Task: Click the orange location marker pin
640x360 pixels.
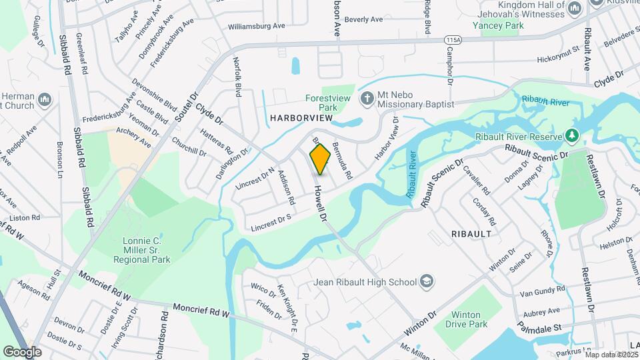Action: [320, 159]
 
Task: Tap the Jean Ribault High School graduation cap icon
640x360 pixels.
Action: [427, 282]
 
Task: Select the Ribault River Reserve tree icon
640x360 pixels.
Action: [571, 136]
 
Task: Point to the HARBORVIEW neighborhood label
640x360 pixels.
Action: [301, 118]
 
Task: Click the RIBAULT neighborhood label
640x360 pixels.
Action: [471, 235]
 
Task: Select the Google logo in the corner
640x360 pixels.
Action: [23, 351]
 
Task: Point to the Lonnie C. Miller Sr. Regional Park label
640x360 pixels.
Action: [147, 250]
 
